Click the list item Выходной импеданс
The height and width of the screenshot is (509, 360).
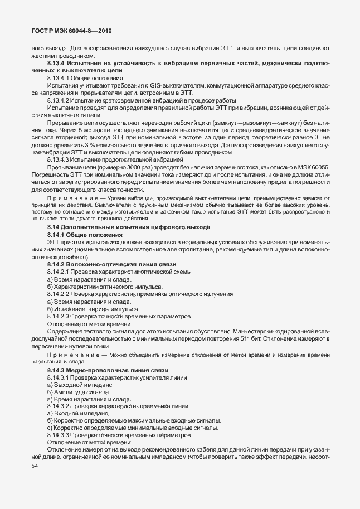(83, 385)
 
